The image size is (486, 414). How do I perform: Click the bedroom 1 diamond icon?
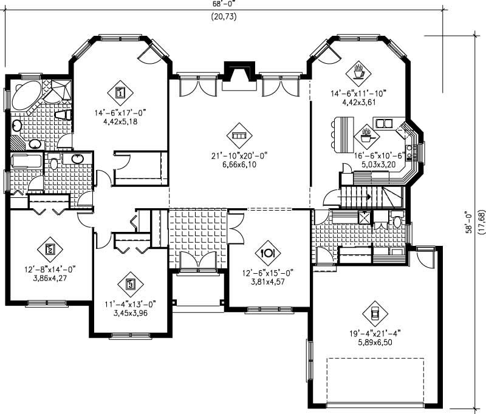click(x=120, y=93)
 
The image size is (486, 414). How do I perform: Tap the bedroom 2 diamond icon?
click(x=50, y=248)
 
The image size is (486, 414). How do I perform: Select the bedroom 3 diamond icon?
click(x=130, y=283)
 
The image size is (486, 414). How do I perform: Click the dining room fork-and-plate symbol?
click(x=268, y=251)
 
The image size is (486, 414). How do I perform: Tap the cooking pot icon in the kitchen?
click(x=366, y=134)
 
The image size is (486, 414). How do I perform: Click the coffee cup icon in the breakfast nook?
click(x=358, y=72)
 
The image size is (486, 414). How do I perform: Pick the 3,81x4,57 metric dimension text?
click(x=268, y=281)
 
